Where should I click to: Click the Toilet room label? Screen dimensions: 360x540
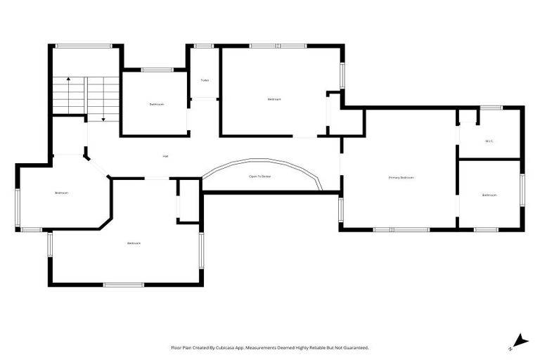pyautogui.click(x=205, y=80)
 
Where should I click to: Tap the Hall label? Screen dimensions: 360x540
pyautogui.click(x=165, y=155)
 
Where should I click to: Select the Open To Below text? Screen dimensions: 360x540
pyautogui.click(x=259, y=176)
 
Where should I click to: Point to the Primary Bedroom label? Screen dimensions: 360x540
pyautogui.click(x=401, y=178)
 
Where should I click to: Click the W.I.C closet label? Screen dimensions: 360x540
pyautogui.click(x=489, y=141)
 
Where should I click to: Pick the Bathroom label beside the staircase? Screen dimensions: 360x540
pyautogui.click(x=156, y=104)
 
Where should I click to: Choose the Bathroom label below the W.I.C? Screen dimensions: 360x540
pyautogui.click(x=489, y=195)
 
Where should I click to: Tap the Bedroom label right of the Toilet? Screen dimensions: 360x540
pyautogui.click(x=274, y=99)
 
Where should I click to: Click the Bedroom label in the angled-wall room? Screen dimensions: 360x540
pyautogui.click(x=62, y=193)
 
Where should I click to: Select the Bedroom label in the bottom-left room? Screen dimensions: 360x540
pyautogui.click(x=134, y=243)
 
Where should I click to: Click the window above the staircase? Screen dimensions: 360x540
pyautogui.click(x=84, y=46)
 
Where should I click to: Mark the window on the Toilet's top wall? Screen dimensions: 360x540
pyautogui.click(x=204, y=46)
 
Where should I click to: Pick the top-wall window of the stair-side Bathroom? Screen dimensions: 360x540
pyautogui.click(x=157, y=70)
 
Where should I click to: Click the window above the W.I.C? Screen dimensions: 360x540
pyautogui.click(x=491, y=108)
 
